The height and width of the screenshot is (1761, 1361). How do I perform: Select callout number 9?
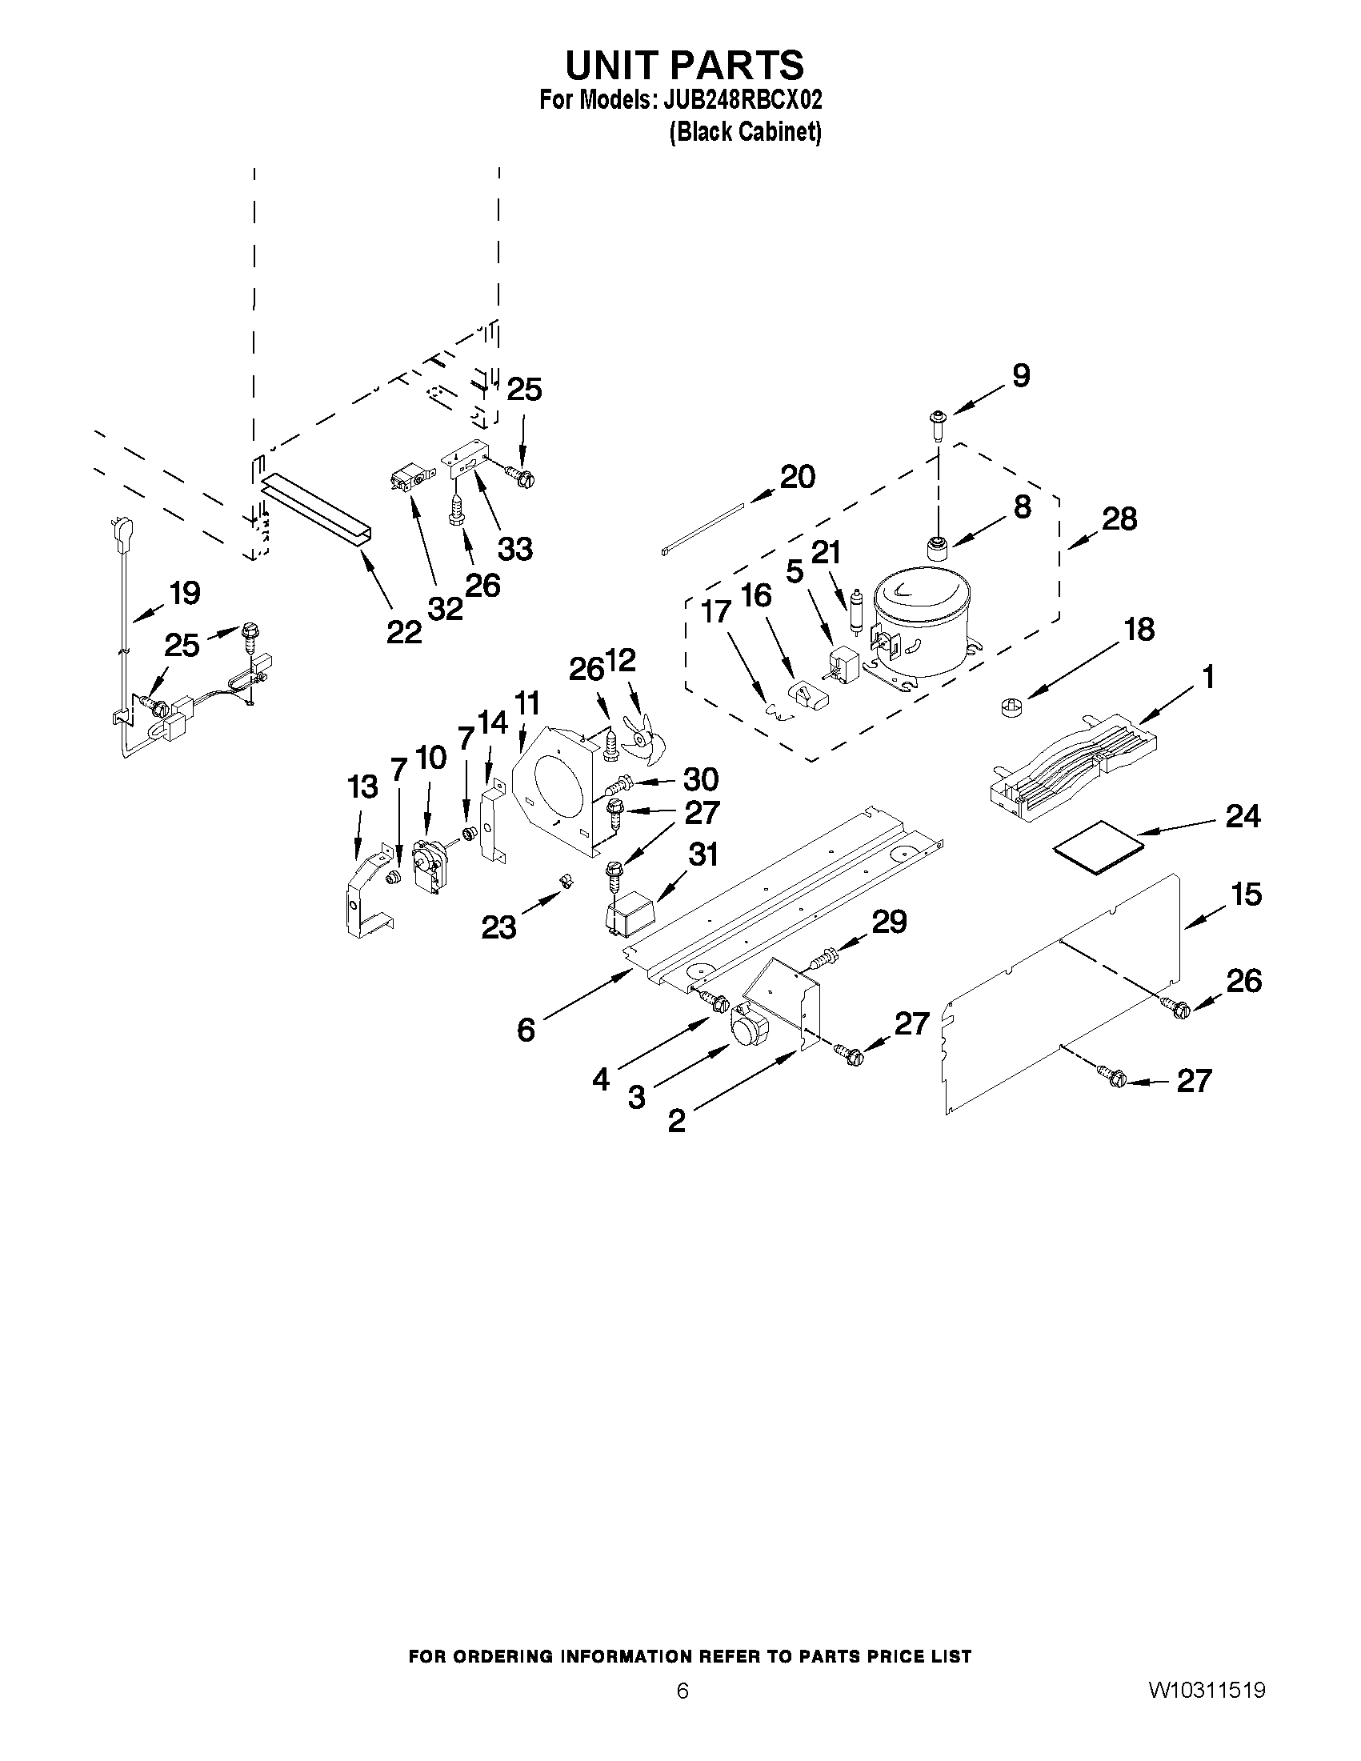click(x=1021, y=376)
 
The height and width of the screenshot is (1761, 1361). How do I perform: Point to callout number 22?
click(x=404, y=631)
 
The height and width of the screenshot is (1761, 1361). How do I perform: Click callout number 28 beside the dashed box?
click(x=1119, y=518)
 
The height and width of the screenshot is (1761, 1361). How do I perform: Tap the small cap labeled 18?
click(x=1010, y=708)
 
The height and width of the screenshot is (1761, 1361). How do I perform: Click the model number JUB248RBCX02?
click(x=742, y=100)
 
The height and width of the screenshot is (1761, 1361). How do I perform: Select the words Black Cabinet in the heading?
click(x=745, y=131)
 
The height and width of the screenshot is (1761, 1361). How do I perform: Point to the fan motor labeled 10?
click(x=428, y=865)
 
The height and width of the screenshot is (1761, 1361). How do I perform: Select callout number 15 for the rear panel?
click(x=1246, y=895)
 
